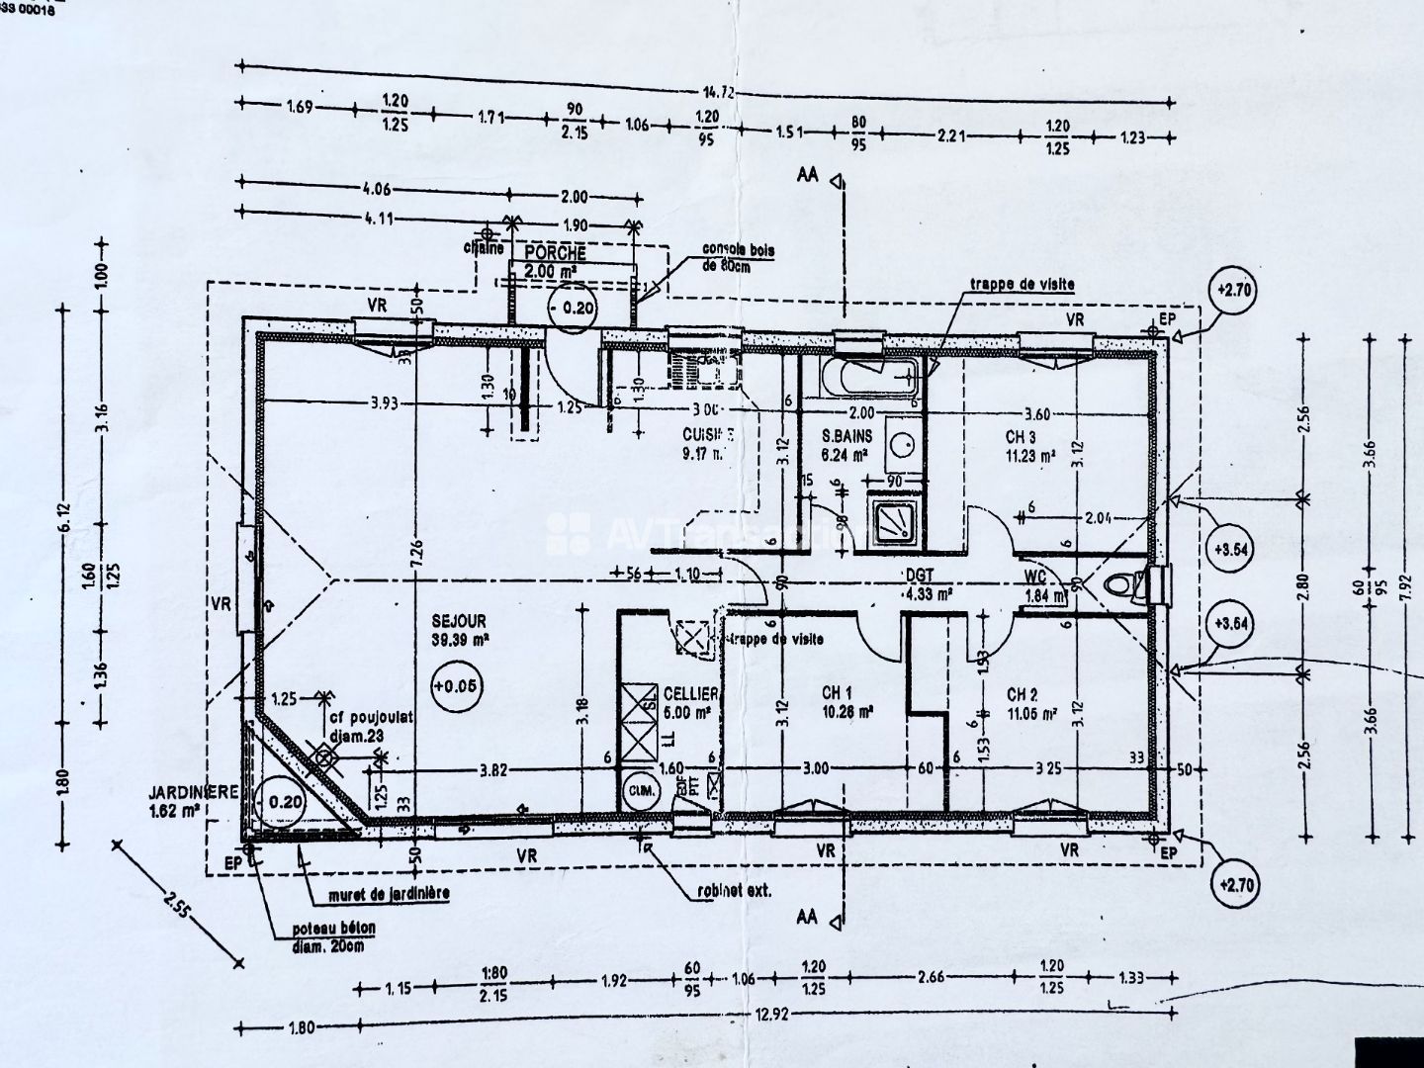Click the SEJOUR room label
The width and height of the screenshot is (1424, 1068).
point(459,620)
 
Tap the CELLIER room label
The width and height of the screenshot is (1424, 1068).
point(690,694)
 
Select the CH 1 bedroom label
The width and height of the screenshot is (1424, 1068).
point(837,693)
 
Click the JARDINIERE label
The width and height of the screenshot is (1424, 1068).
point(193,792)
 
